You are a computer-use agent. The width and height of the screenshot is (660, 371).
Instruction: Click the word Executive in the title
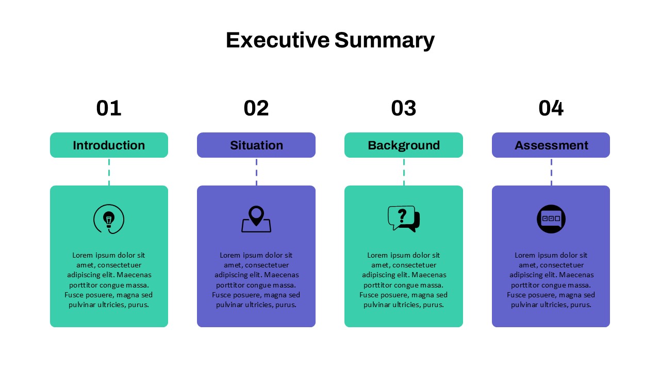(277, 40)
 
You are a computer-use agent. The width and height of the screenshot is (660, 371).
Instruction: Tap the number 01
(109, 108)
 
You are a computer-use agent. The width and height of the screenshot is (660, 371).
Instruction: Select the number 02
(256, 108)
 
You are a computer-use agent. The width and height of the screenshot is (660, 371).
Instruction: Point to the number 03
(404, 108)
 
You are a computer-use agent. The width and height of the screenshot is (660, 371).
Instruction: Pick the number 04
(551, 108)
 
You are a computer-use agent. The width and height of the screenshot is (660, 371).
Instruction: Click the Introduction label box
(109, 145)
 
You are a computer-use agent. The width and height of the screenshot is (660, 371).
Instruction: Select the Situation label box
(256, 145)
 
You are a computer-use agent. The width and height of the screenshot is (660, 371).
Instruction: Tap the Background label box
(404, 145)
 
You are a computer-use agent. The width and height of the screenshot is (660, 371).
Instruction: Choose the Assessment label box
(551, 145)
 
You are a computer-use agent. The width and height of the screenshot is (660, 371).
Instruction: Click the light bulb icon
(109, 220)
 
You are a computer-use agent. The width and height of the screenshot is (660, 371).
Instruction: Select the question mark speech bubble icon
(403, 218)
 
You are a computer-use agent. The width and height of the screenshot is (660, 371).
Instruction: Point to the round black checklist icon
(551, 219)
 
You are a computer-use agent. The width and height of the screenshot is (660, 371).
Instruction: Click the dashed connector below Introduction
(109, 172)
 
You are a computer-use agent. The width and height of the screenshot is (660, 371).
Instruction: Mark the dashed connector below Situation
(256, 172)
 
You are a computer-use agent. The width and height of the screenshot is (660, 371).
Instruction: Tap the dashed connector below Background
(404, 172)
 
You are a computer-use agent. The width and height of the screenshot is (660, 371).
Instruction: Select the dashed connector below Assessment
(551, 172)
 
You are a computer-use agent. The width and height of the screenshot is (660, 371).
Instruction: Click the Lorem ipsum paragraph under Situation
(256, 280)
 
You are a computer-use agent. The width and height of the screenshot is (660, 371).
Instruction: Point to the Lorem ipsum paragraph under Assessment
(551, 280)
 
